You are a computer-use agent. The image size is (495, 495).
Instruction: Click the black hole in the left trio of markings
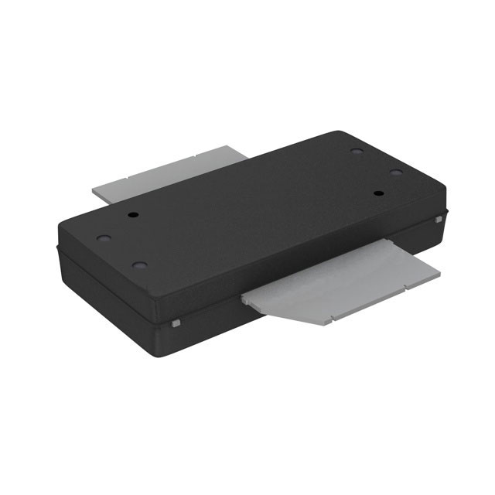click(133, 214)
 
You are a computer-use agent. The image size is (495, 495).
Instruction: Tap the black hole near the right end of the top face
click(379, 193)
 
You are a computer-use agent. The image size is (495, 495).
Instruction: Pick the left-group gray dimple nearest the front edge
click(140, 265)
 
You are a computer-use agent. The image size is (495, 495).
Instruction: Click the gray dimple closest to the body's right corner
click(395, 172)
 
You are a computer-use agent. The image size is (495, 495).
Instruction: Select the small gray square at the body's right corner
click(439, 220)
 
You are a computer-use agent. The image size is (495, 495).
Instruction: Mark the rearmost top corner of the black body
click(336, 132)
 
